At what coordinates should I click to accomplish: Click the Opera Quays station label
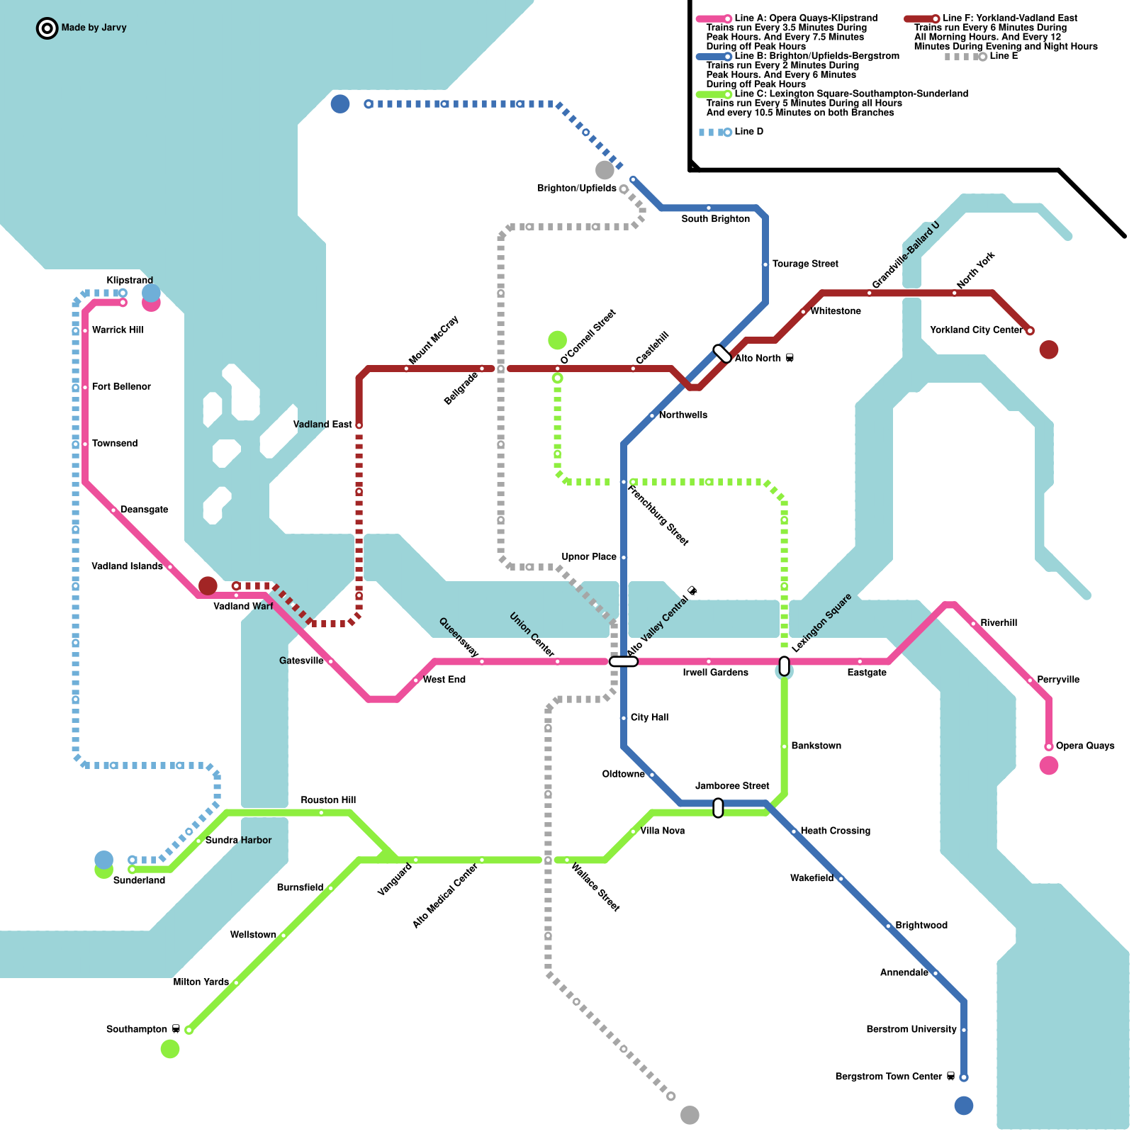[x=1084, y=746]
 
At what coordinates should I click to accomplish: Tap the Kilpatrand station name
[x=130, y=280]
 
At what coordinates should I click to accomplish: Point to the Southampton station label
[x=137, y=1029]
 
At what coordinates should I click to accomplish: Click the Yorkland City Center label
[x=976, y=330]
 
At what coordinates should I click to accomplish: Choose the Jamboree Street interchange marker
[x=718, y=807]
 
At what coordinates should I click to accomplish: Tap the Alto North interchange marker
[x=722, y=354]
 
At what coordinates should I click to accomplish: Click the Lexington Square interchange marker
[x=784, y=666]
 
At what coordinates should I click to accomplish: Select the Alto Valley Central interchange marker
[x=624, y=661]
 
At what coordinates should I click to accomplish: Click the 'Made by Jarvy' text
[x=94, y=28]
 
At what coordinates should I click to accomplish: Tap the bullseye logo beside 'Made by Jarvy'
[x=47, y=28]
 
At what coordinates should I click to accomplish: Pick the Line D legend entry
[x=748, y=132]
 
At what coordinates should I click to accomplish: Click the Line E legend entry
[x=1004, y=57]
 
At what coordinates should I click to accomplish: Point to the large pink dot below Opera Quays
[x=1049, y=765]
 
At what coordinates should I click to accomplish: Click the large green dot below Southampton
[x=170, y=1049]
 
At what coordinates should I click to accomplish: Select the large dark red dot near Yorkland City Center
[x=1049, y=349]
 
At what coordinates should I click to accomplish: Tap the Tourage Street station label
[x=805, y=264]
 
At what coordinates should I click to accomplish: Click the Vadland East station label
[x=322, y=425]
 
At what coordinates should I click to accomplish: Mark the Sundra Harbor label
[x=238, y=840]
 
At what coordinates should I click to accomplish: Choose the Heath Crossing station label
[x=835, y=831]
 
